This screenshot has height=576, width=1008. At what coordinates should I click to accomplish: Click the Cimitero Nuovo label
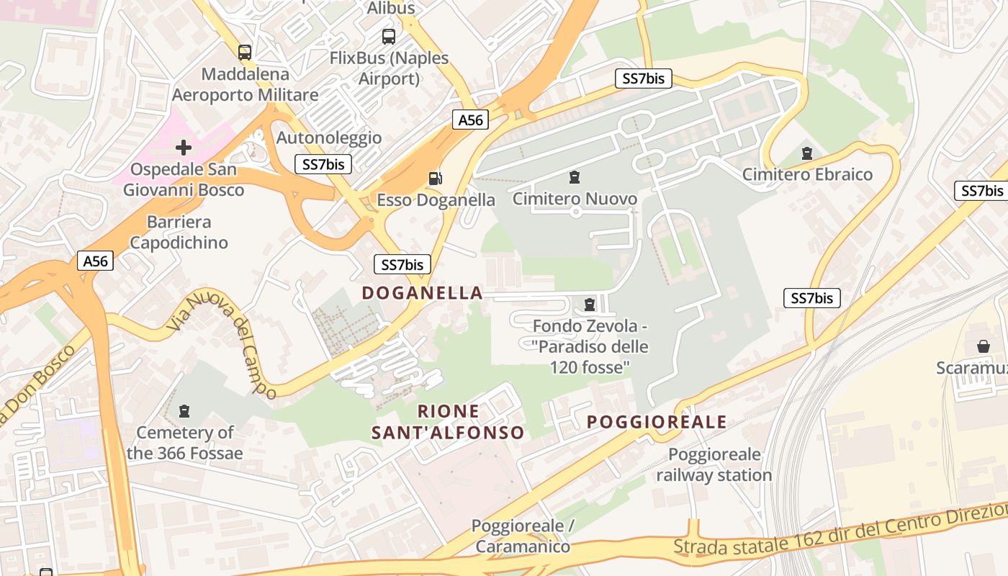575,199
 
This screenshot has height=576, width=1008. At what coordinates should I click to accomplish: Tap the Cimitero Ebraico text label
807,174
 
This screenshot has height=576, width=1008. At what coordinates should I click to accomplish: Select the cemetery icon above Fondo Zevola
590,304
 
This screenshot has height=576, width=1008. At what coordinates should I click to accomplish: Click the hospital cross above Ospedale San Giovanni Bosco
184,148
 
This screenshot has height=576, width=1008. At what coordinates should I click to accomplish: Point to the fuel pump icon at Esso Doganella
434,178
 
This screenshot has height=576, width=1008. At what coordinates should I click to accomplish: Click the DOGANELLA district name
422,293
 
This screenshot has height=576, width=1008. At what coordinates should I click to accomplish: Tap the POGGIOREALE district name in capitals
657,423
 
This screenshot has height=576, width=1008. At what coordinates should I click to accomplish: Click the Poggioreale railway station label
714,465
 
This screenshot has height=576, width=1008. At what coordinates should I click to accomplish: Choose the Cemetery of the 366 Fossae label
185,443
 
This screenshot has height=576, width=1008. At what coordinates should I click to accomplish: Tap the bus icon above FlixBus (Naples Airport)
389,36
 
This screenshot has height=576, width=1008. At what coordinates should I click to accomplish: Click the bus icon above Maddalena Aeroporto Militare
245,52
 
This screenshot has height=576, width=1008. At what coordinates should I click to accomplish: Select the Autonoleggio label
329,138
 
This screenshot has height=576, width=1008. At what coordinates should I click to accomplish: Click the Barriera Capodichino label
179,232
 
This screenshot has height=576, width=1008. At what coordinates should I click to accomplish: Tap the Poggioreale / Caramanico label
523,536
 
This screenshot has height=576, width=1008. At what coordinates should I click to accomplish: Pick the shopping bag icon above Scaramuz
984,346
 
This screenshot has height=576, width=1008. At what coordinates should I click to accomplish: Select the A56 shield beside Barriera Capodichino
95,261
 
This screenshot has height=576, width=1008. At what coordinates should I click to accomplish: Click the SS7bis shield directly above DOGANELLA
402,264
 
